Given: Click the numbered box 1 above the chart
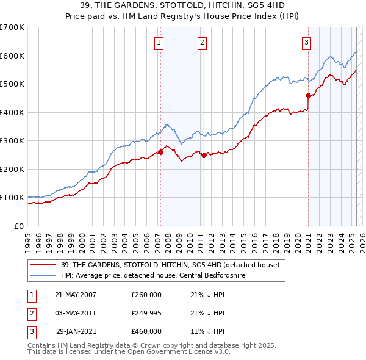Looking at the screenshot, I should pos(159,42).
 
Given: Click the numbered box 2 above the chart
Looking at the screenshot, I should pos(201,42).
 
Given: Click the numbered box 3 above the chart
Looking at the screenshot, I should pos(306,42).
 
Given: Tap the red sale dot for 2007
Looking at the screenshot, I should pos(160,153).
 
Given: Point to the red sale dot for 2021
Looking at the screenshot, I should pos(308,95).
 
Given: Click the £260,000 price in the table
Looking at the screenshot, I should pos(146,295).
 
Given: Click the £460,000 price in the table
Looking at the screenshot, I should pos(146,331).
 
